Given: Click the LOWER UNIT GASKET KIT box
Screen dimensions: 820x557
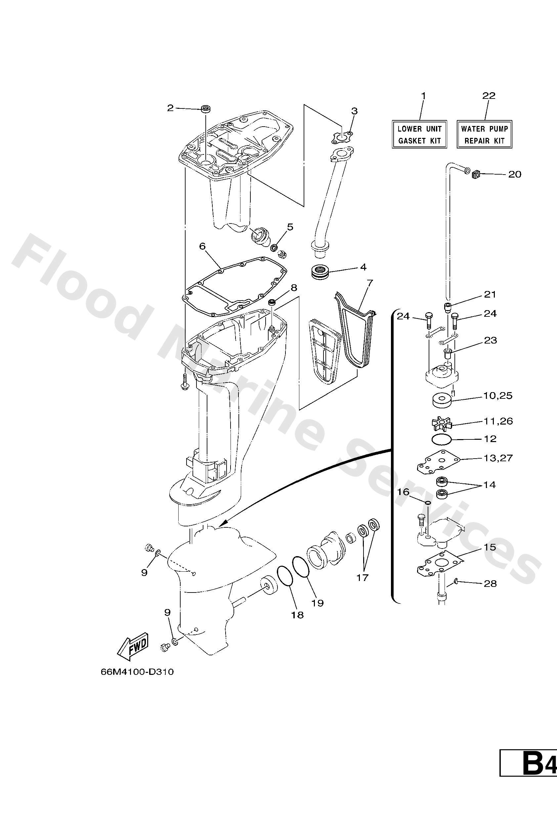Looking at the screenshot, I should [x=419, y=135].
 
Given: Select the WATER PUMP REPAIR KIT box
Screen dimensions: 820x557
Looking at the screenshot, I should [x=484, y=135].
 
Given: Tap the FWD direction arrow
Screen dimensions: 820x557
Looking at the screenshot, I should [x=133, y=647].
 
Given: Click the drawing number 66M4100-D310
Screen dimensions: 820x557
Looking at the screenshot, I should [x=137, y=672].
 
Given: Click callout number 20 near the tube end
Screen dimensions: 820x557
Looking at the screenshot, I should [x=514, y=174].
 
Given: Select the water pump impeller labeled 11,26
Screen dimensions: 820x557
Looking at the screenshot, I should [x=442, y=423].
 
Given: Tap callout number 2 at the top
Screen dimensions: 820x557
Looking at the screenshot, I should [x=170, y=108].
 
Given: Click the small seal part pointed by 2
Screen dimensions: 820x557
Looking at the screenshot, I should [x=205, y=109].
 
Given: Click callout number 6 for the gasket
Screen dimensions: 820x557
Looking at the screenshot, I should [x=202, y=246].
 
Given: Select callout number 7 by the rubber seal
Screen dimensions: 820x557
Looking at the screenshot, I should [x=369, y=283].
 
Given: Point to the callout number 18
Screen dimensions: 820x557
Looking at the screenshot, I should [x=297, y=615].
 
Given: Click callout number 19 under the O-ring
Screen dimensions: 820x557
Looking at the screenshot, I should [x=318, y=603].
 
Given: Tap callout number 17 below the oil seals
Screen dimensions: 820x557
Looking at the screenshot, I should [x=363, y=577].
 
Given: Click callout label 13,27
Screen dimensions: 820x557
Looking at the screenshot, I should [x=498, y=458].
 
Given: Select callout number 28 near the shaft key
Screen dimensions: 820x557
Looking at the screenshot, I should [x=490, y=584].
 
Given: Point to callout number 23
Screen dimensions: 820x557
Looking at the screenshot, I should [x=491, y=340].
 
